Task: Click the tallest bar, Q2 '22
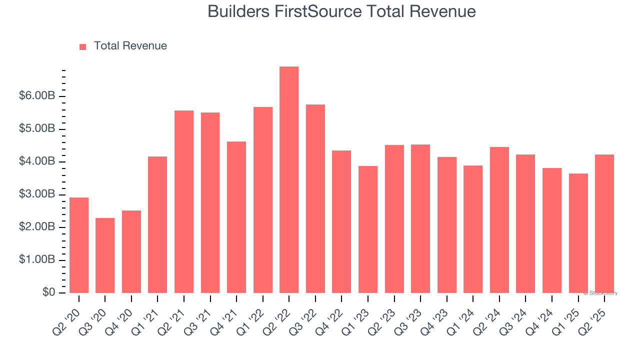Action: tap(289, 179)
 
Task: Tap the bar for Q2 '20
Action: tap(79, 245)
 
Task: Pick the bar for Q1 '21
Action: tap(157, 224)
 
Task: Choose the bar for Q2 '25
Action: tap(604, 223)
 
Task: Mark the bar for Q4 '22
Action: tap(341, 221)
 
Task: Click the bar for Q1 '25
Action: tap(578, 233)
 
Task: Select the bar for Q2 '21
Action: tap(184, 201)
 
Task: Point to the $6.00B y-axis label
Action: tap(37, 96)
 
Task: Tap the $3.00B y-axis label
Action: tap(37, 194)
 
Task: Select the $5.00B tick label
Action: tap(37, 129)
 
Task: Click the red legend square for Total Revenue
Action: tap(83, 46)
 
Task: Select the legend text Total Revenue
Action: tap(130, 46)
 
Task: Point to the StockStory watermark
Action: tap(601, 293)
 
